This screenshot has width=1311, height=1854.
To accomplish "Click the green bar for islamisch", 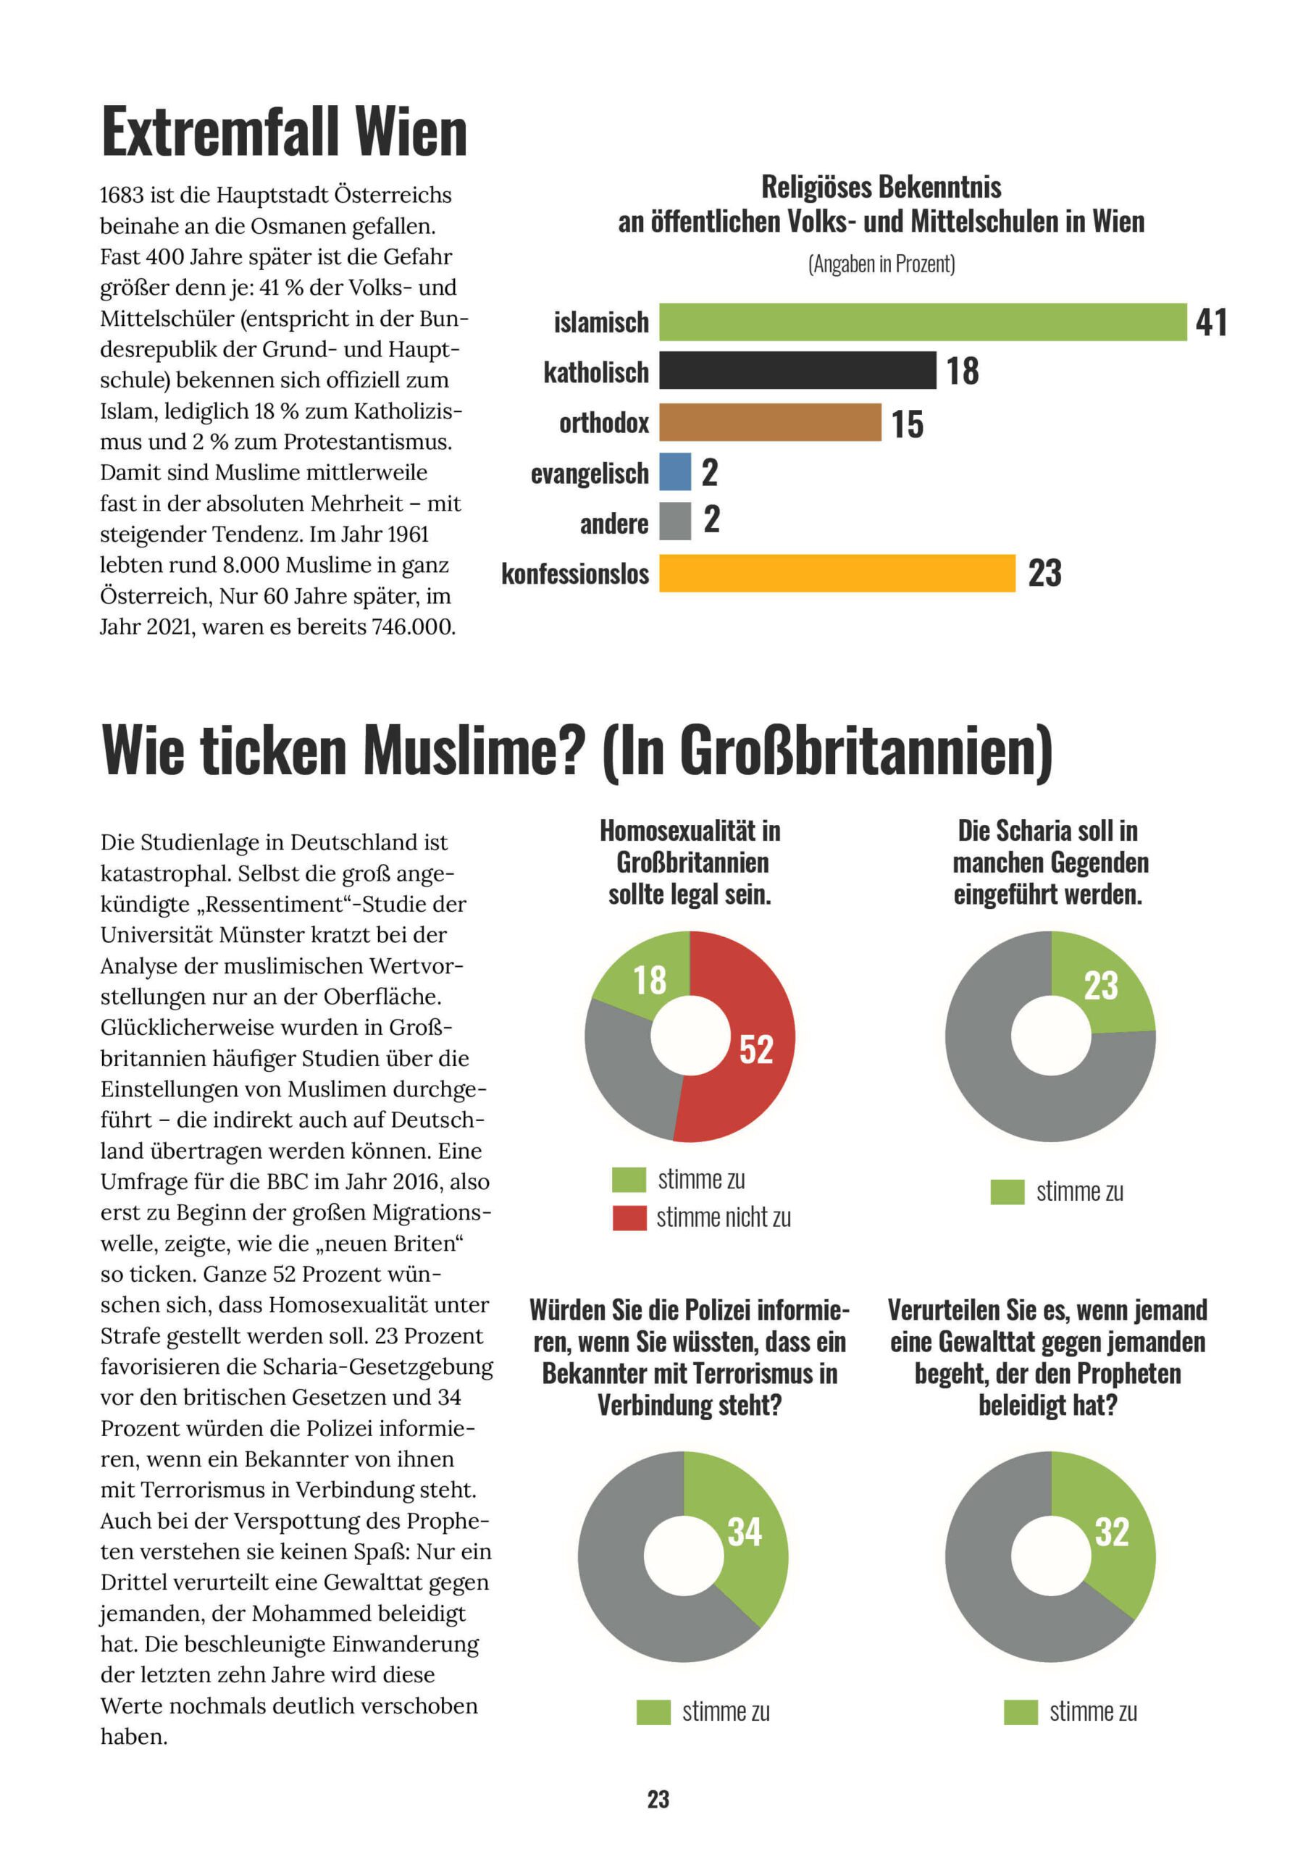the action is [923, 322].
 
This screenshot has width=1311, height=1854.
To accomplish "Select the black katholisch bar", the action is [797, 371].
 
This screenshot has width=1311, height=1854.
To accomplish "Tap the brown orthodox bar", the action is [770, 422].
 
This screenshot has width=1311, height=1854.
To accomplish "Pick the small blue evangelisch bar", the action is [674, 471].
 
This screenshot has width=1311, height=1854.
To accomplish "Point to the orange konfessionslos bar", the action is [837, 573].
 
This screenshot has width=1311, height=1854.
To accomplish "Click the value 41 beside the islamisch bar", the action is [1211, 322].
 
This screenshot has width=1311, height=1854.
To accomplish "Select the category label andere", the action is [614, 524].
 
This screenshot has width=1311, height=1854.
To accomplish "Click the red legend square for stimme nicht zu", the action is [629, 1217].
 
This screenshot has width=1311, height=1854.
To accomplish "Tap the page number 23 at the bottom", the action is [658, 1798].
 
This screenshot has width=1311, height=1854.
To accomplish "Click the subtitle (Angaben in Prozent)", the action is [881, 264].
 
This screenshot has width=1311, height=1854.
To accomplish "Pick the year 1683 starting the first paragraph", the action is [123, 196].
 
